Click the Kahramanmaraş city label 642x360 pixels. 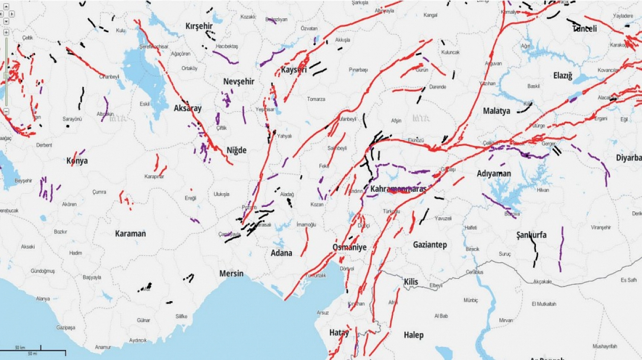(398, 189)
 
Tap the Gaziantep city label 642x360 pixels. (430, 244)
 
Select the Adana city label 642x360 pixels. (281, 253)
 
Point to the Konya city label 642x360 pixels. (77, 161)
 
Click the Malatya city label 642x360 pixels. (496, 111)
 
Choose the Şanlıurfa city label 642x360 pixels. (531, 235)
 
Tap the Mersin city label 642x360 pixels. (231, 273)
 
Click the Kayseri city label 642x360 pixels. (294, 70)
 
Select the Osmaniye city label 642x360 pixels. (349, 247)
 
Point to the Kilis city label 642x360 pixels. (411, 282)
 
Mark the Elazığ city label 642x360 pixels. (563, 76)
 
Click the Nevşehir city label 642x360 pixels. (239, 81)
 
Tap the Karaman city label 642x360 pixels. (130, 233)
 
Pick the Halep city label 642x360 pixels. (413, 335)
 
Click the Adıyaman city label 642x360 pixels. (494, 174)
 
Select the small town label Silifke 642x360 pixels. (181, 316)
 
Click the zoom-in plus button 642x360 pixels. (6, 32)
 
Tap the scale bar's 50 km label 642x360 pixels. (20, 347)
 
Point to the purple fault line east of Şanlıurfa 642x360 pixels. (561, 248)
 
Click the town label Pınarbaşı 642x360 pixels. (358, 70)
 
